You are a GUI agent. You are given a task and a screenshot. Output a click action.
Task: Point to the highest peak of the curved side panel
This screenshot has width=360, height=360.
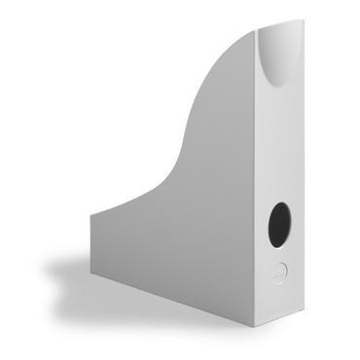tap(255, 32)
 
